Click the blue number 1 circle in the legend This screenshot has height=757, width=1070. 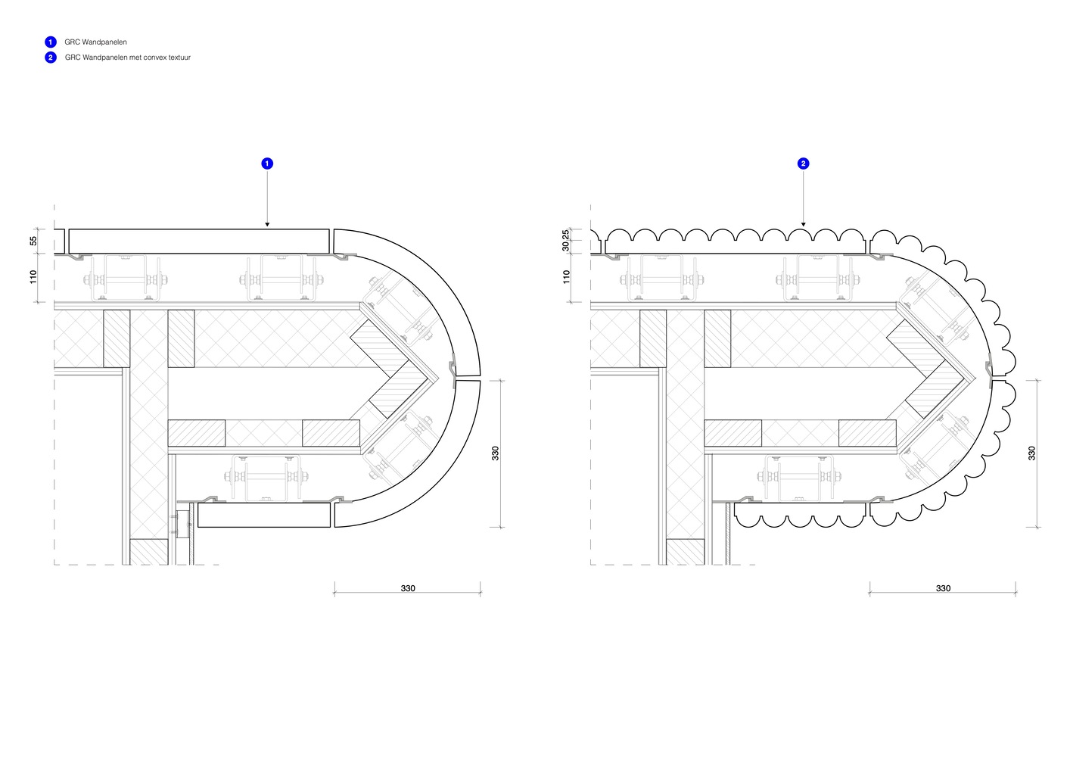[x=51, y=42]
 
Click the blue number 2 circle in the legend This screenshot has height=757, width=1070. [x=51, y=58]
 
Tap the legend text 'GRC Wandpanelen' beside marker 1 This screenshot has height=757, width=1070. [x=95, y=42]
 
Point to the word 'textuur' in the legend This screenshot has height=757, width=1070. [x=179, y=58]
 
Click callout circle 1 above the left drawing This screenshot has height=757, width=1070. [x=267, y=164]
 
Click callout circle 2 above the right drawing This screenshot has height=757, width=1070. [x=803, y=164]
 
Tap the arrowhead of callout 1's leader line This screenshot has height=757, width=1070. [x=267, y=225]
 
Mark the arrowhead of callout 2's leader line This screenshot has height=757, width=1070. [x=803, y=225]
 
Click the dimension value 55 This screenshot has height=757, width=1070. [x=33, y=241]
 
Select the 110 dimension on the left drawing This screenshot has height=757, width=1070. [x=33, y=277]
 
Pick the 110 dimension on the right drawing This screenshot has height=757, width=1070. [x=567, y=277]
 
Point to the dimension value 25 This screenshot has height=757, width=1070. [x=565, y=235]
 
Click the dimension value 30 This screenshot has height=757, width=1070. [x=565, y=246]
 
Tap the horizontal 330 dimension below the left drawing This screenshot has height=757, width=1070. [x=408, y=588]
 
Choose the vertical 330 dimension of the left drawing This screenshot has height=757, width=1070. [x=496, y=453]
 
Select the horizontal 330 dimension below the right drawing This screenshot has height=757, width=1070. [x=943, y=588]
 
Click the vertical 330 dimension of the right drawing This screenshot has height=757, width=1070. [x=1031, y=453]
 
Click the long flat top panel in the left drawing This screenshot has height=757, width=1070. [x=199, y=241]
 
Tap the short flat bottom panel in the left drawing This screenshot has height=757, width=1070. [x=264, y=515]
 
